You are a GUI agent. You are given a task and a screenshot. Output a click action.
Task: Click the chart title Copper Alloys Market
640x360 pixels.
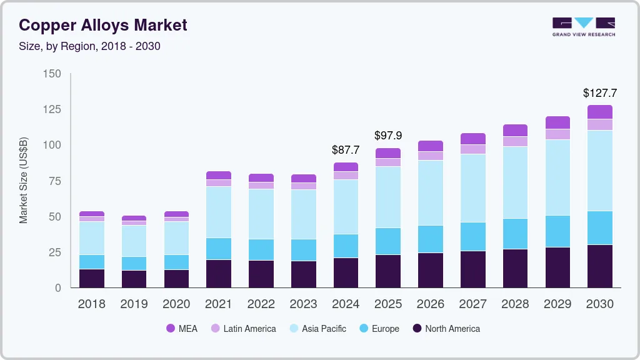coord(103,25)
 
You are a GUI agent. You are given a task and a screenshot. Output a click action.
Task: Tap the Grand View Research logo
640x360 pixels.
coord(583,26)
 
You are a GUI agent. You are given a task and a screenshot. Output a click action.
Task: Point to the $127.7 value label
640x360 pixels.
coord(599,93)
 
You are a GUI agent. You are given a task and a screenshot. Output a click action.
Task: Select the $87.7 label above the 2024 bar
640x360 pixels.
coord(346,150)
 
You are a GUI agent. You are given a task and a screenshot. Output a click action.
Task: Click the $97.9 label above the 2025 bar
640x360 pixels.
coord(387,136)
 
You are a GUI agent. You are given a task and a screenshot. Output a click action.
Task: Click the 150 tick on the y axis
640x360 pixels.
coord(52,74)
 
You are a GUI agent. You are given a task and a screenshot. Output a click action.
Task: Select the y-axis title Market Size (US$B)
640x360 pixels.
coord(24,181)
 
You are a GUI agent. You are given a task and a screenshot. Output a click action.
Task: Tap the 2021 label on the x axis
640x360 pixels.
coord(218,304)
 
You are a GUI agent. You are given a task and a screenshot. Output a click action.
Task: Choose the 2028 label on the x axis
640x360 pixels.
coord(515,304)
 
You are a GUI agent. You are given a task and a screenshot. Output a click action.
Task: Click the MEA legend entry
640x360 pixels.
coord(181,329)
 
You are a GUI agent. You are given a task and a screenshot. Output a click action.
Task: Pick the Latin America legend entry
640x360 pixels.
coord(243,329)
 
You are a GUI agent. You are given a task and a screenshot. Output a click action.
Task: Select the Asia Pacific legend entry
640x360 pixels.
coord(317,329)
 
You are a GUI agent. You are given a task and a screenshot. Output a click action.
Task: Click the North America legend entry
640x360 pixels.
coord(446,329)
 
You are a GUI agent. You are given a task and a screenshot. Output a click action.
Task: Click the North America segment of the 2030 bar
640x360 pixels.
coord(600,266)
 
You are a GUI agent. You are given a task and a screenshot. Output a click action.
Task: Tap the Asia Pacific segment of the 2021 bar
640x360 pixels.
coord(218,212)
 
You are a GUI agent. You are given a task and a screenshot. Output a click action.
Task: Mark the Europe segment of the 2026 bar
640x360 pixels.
coord(430,239)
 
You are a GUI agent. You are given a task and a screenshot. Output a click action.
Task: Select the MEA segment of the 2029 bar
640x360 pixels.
coord(557,122)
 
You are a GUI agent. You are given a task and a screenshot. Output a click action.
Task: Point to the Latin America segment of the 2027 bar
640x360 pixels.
coord(472,149)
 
